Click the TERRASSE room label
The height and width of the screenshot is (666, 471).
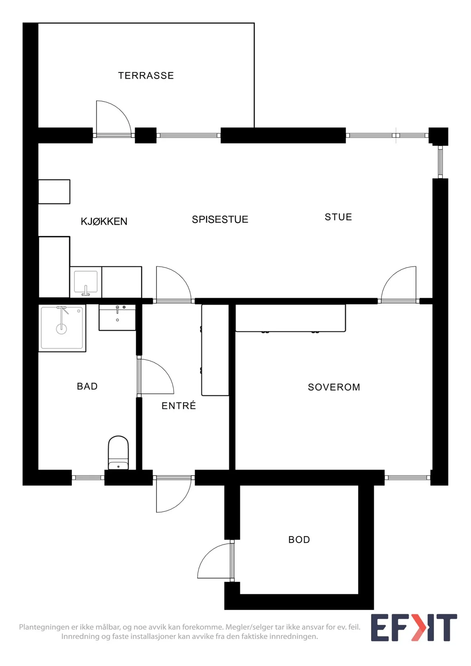[146, 75]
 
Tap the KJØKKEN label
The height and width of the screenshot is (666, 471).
[104, 221]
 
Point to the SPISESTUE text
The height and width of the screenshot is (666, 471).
[220, 219]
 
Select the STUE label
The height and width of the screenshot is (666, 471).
[338, 217]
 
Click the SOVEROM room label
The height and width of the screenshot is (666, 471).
[334, 387]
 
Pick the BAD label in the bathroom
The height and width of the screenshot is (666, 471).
[87, 386]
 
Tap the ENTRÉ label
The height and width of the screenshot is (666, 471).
[179, 405]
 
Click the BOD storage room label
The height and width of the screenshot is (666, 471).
[299, 539]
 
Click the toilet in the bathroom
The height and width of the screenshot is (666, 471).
[118, 453]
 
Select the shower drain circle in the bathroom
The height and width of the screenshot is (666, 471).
[61, 329]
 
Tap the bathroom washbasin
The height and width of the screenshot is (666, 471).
[117, 317]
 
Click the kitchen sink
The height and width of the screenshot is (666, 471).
[85, 282]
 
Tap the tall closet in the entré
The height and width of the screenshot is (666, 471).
[215, 350]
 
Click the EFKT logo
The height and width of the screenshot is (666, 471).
[414, 628]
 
